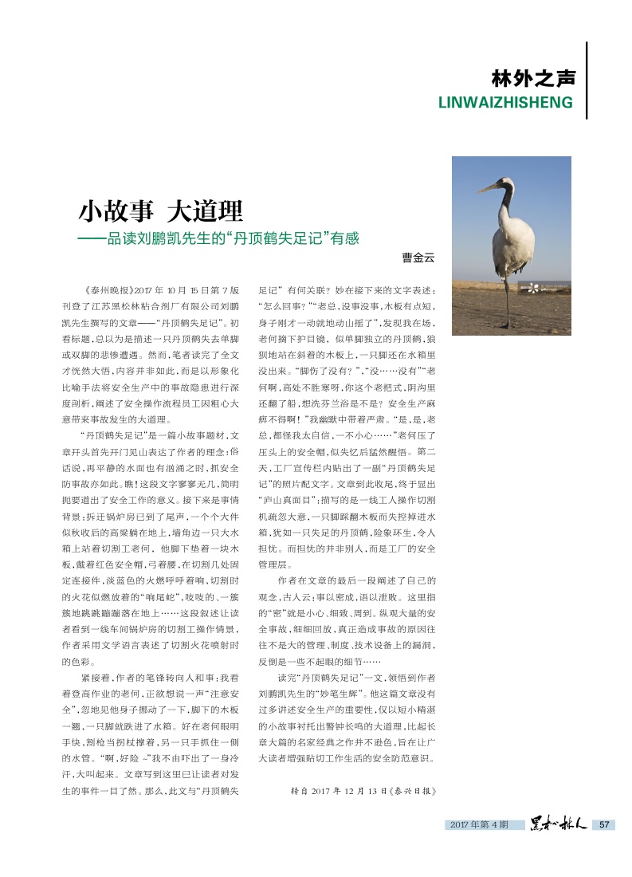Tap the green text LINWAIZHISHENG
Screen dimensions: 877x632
click(506, 103)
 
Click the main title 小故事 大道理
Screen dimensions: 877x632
click(160, 212)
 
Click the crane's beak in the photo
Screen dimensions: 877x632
click(487, 188)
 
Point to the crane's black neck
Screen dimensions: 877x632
click(505, 204)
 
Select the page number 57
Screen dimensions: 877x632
click(603, 824)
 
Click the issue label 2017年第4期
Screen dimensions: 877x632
click(477, 824)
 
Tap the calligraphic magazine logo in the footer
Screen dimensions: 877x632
click(559, 824)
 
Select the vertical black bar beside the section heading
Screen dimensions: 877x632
click(587, 81)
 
